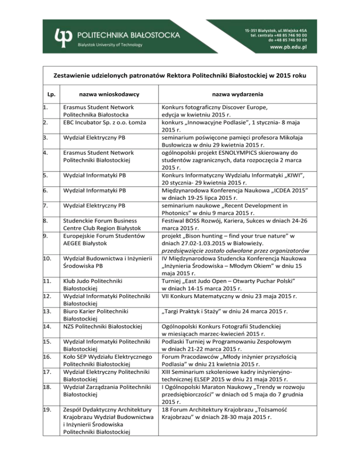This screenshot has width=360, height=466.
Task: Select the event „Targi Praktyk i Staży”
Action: (199, 310)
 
